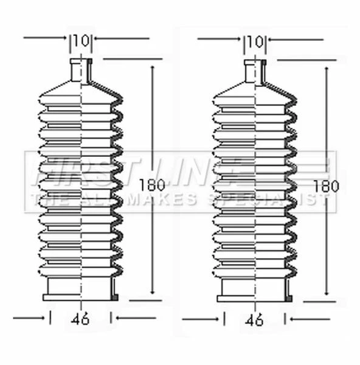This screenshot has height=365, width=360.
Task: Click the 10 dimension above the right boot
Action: pyautogui.click(x=256, y=41)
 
